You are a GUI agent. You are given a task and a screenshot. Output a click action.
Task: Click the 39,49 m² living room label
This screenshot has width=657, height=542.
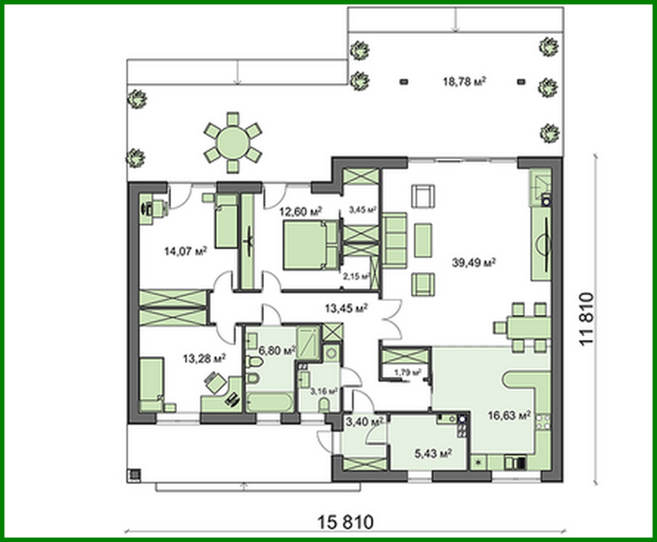473,263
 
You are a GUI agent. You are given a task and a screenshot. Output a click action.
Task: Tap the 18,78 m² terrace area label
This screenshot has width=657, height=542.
464,81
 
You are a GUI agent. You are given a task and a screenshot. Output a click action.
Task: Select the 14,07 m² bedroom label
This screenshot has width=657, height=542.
185,252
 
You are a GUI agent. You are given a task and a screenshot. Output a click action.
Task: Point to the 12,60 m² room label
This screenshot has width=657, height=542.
300,212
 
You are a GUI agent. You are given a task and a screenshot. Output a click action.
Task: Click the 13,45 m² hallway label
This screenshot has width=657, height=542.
346,309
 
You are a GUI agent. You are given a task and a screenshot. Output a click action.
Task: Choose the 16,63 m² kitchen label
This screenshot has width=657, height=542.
509,416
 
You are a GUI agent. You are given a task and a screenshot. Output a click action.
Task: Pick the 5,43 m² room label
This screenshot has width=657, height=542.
433,453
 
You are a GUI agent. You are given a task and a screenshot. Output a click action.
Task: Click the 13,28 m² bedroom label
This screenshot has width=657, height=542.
204,358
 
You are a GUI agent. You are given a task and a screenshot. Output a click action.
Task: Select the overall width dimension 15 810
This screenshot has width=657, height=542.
345,522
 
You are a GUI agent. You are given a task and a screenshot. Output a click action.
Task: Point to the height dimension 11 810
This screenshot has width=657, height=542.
586,319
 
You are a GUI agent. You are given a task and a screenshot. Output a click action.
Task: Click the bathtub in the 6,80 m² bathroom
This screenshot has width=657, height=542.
270,402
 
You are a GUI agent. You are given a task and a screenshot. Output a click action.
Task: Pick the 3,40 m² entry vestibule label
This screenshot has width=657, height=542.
364,422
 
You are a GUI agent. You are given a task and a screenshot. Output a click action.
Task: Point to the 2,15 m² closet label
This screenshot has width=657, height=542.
356,276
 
